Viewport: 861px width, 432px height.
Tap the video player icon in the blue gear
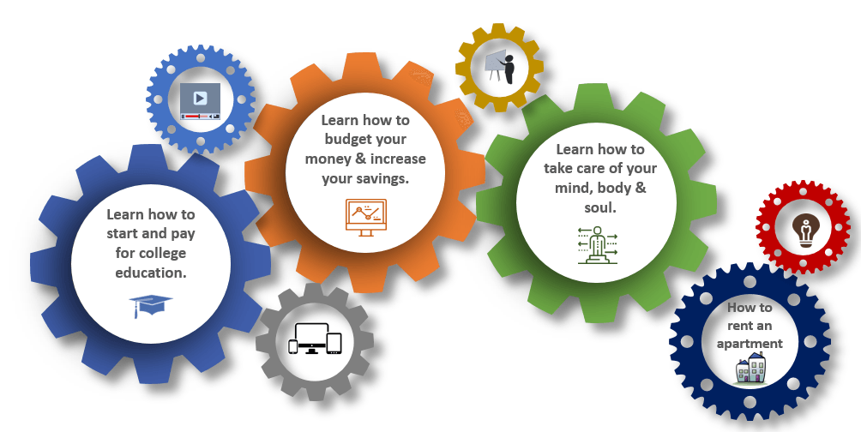click(201, 101)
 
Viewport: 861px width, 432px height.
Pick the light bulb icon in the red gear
click(805, 231)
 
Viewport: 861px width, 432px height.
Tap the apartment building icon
click(750, 368)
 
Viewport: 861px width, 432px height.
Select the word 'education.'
click(151, 273)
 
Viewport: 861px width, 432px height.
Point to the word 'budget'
click(349, 140)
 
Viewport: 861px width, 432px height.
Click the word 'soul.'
click(600, 208)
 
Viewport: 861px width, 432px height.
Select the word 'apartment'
click(750, 345)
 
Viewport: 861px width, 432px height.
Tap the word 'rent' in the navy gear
click(738, 326)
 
